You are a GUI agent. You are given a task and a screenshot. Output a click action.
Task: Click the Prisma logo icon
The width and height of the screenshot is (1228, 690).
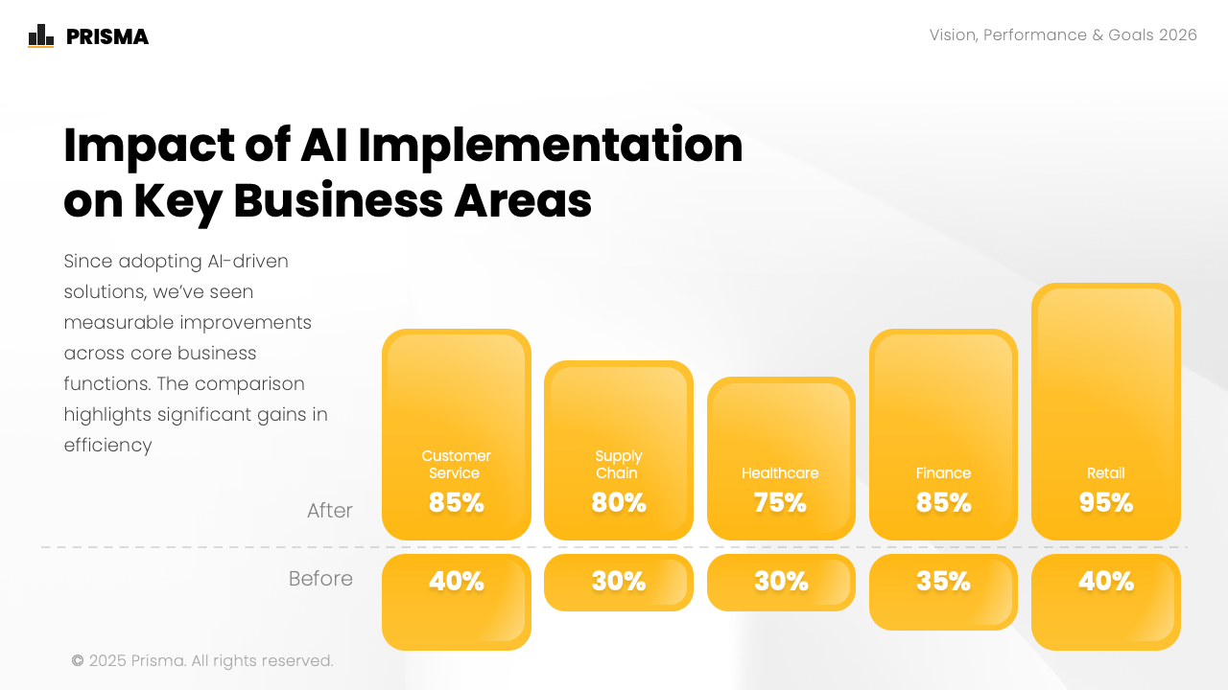(x=41, y=36)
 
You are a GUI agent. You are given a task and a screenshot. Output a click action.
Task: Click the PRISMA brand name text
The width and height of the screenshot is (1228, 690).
(x=107, y=37)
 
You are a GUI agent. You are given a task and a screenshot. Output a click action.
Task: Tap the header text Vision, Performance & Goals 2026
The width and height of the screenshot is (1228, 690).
(x=1063, y=35)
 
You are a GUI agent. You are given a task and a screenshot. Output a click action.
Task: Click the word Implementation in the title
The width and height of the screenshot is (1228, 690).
(x=551, y=146)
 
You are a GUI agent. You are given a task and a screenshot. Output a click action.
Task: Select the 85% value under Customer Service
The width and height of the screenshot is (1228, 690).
(x=457, y=502)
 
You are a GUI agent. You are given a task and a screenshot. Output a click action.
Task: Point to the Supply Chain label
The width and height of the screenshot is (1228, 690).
(x=618, y=465)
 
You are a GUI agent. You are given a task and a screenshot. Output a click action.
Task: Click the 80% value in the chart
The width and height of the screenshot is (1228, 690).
(x=619, y=502)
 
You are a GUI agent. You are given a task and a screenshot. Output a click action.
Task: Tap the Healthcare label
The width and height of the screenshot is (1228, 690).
(x=780, y=473)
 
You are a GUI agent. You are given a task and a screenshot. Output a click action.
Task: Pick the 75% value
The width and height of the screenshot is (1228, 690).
(x=781, y=502)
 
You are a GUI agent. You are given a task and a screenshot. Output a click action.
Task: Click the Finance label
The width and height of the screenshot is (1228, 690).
(x=943, y=473)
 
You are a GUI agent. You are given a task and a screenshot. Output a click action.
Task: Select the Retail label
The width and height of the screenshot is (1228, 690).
(x=1106, y=473)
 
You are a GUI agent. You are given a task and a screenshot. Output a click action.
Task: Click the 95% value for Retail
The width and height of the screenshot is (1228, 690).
(x=1106, y=502)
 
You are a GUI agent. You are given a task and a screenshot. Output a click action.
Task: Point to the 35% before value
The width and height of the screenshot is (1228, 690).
(x=943, y=582)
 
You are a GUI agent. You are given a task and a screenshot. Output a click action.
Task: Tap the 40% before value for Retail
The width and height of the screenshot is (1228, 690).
(x=1106, y=582)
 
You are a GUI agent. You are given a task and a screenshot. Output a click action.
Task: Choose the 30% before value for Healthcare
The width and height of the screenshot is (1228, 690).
(x=781, y=582)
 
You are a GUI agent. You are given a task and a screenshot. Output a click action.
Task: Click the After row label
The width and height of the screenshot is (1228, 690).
(x=330, y=511)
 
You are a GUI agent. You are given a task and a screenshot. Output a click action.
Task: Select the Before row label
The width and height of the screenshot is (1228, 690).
(x=320, y=579)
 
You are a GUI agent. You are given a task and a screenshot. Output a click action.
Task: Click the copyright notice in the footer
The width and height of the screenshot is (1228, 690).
(x=202, y=661)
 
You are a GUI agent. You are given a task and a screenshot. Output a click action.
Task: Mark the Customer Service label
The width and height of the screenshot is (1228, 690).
(x=456, y=465)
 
